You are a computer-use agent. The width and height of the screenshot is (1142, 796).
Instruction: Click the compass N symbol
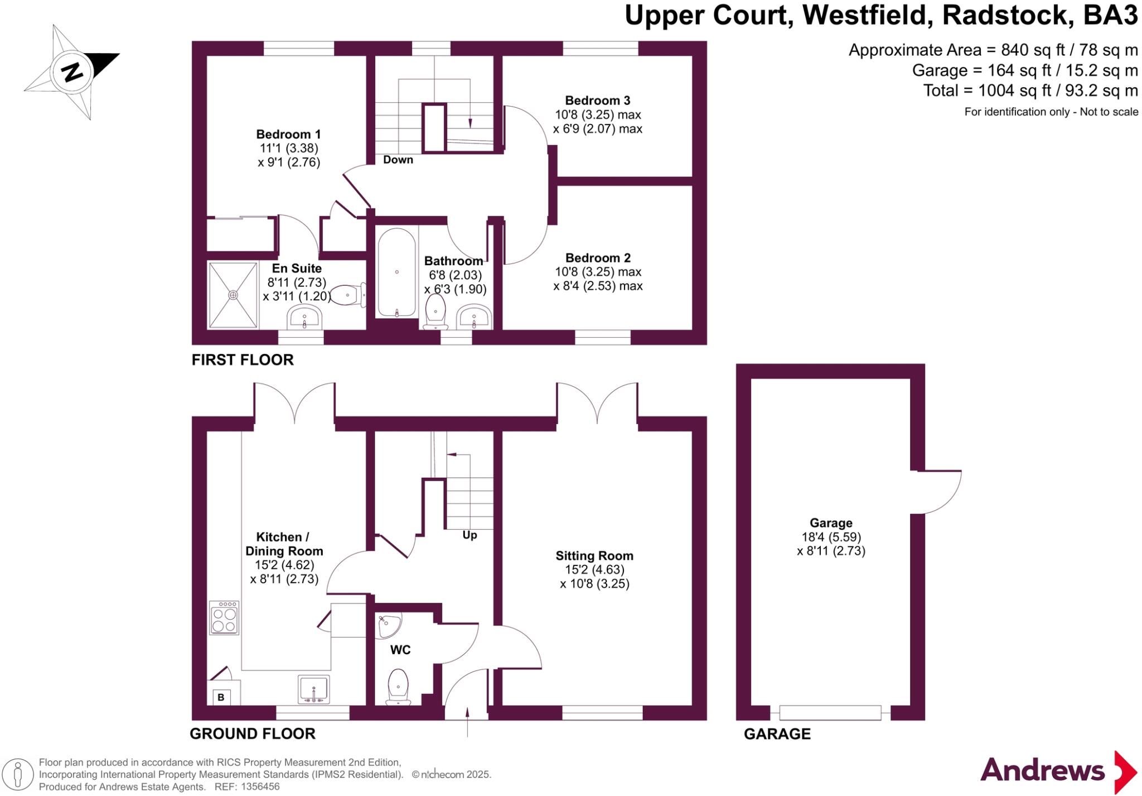pos(72,72)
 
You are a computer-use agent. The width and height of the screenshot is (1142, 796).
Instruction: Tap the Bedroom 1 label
pos(288,135)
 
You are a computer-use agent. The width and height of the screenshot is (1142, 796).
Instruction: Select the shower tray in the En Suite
pos(233,295)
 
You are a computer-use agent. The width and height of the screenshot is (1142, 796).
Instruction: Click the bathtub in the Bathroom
pos(396,272)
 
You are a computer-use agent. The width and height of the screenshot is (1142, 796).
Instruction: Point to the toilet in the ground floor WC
pos(398,686)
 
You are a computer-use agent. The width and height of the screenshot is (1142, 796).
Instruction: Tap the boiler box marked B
pos(221,697)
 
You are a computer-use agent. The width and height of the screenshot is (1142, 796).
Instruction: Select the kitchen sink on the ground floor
pos(314,689)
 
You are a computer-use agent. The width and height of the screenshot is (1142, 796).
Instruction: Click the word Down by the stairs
pos(398,160)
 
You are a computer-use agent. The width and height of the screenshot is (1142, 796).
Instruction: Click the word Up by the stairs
pos(470,535)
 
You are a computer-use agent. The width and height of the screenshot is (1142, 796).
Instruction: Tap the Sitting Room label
pos(594,556)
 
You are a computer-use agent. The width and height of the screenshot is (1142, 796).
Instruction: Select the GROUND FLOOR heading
pos(253,733)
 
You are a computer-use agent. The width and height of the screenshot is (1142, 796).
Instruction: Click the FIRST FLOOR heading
pos(243,360)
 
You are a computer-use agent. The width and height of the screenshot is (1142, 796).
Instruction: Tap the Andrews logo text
pos(1042,771)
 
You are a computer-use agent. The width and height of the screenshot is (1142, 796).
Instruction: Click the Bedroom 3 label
pos(597,100)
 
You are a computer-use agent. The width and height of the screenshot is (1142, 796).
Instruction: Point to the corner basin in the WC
pos(389,626)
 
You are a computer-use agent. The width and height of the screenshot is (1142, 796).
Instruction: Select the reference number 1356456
pos(260,787)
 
